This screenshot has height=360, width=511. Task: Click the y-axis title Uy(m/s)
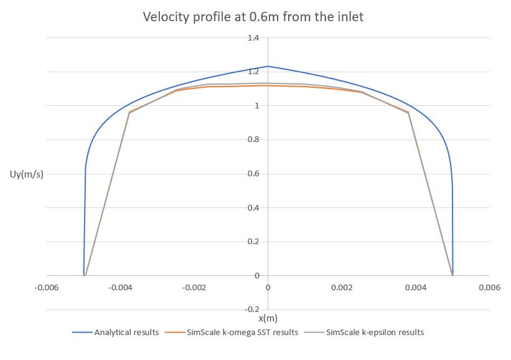[x=29, y=174]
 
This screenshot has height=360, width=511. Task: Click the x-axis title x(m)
[x=268, y=318]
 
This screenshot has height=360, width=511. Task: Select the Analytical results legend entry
[x=123, y=332]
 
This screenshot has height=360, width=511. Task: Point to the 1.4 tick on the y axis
[x=253, y=38]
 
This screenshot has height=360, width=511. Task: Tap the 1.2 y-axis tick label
[x=253, y=72]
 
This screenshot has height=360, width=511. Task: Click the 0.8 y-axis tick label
[x=253, y=140]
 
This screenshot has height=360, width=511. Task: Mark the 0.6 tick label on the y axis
[x=253, y=174]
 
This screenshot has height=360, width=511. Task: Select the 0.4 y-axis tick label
[x=253, y=208]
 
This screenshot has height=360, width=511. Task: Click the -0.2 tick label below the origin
[x=251, y=310]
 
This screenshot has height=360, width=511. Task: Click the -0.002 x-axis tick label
[x=194, y=288]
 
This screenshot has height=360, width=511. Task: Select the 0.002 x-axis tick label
[x=342, y=288]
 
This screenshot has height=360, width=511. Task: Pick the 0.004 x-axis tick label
[x=415, y=288]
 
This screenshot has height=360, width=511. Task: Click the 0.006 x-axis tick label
[x=489, y=288]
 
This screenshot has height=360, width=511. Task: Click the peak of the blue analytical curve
[x=268, y=66]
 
